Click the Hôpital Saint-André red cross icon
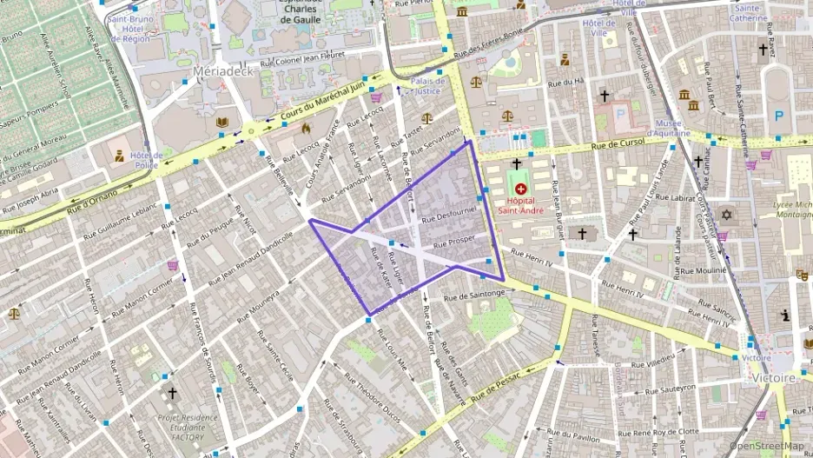pyautogui.click(x=520, y=189)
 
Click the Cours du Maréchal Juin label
pyautogui.click(x=321, y=103)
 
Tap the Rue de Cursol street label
pyautogui.click(x=618, y=141)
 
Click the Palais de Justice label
pyautogui.click(x=428, y=85)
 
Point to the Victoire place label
pyautogui.click(x=774, y=379)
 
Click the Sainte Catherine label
pyautogui.click(x=749, y=12)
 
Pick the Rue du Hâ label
pyautogui.click(x=565, y=83)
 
